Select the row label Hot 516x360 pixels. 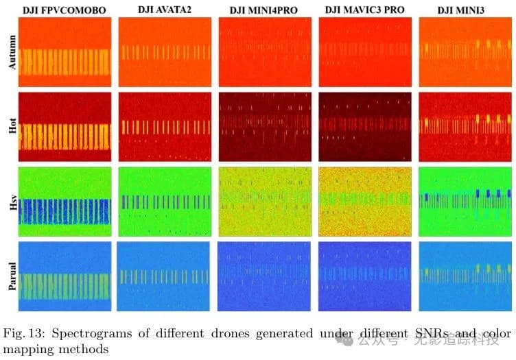[10, 127]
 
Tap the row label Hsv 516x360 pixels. [10, 200]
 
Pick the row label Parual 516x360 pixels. [10, 276]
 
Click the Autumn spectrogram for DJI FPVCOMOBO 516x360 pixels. [64, 51]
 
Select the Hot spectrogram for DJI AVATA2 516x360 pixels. [163, 127]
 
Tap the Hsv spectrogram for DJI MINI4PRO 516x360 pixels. [264, 201]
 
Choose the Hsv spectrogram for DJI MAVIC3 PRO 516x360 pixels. [364, 201]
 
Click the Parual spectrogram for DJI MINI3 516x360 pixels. [465, 275]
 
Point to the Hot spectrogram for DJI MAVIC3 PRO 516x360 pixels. [364, 127]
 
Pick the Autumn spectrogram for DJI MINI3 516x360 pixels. [465, 51]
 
